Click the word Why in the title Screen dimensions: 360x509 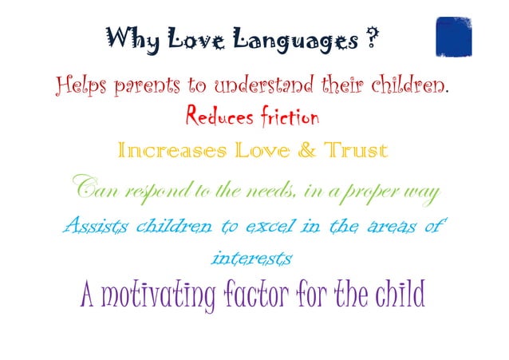click(x=126, y=38)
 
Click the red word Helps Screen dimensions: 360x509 click(x=81, y=85)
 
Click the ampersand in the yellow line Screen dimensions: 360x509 click(x=285, y=150)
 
